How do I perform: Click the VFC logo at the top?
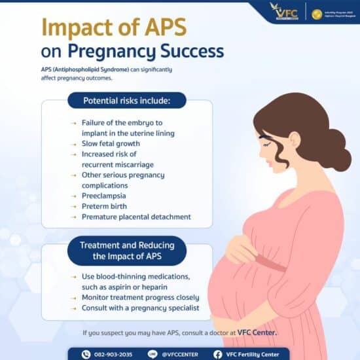tap(283, 12)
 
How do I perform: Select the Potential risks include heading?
tap(126, 101)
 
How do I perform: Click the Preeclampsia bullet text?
tap(103, 196)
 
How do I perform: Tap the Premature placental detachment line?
tap(136, 217)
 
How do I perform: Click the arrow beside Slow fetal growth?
tap(73, 143)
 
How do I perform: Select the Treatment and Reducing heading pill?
tap(126, 250)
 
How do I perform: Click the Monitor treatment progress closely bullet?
tap(140, 297)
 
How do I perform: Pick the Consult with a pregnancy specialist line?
tap(140, 308)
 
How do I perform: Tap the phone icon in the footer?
tap(86, 354)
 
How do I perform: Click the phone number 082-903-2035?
tap(113, 354)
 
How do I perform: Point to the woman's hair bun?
tap(338, 149)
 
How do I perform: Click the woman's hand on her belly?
tap(244, 247)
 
